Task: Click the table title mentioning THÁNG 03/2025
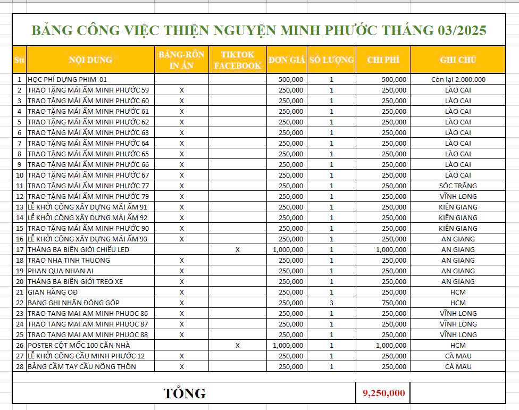(x=259, y=30)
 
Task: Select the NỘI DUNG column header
(x=90, y=60)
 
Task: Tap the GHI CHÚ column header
(x=457, y=60)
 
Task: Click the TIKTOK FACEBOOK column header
(x=237, y=60)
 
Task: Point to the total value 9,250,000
(x=383, y=393)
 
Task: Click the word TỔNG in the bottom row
(x=184, y=394)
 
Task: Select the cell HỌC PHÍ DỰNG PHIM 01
(x=67, y=79)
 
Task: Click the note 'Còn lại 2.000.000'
(x=458, y=79)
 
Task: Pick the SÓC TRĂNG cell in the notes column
(x=458, y=186)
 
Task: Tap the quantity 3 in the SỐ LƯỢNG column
(x=331, y=303)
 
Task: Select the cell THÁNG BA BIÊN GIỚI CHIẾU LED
(x=79, y=249)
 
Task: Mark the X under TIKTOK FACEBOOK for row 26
(x=237, y=345)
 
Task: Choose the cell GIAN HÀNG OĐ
(x=53, y=292)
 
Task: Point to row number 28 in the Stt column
(x=19, y=366)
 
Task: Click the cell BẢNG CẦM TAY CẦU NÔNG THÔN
(x=81, y=366)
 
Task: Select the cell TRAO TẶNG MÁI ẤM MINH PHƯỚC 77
(x=88, y=186)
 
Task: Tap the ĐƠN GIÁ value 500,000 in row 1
(x=291, y=79)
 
